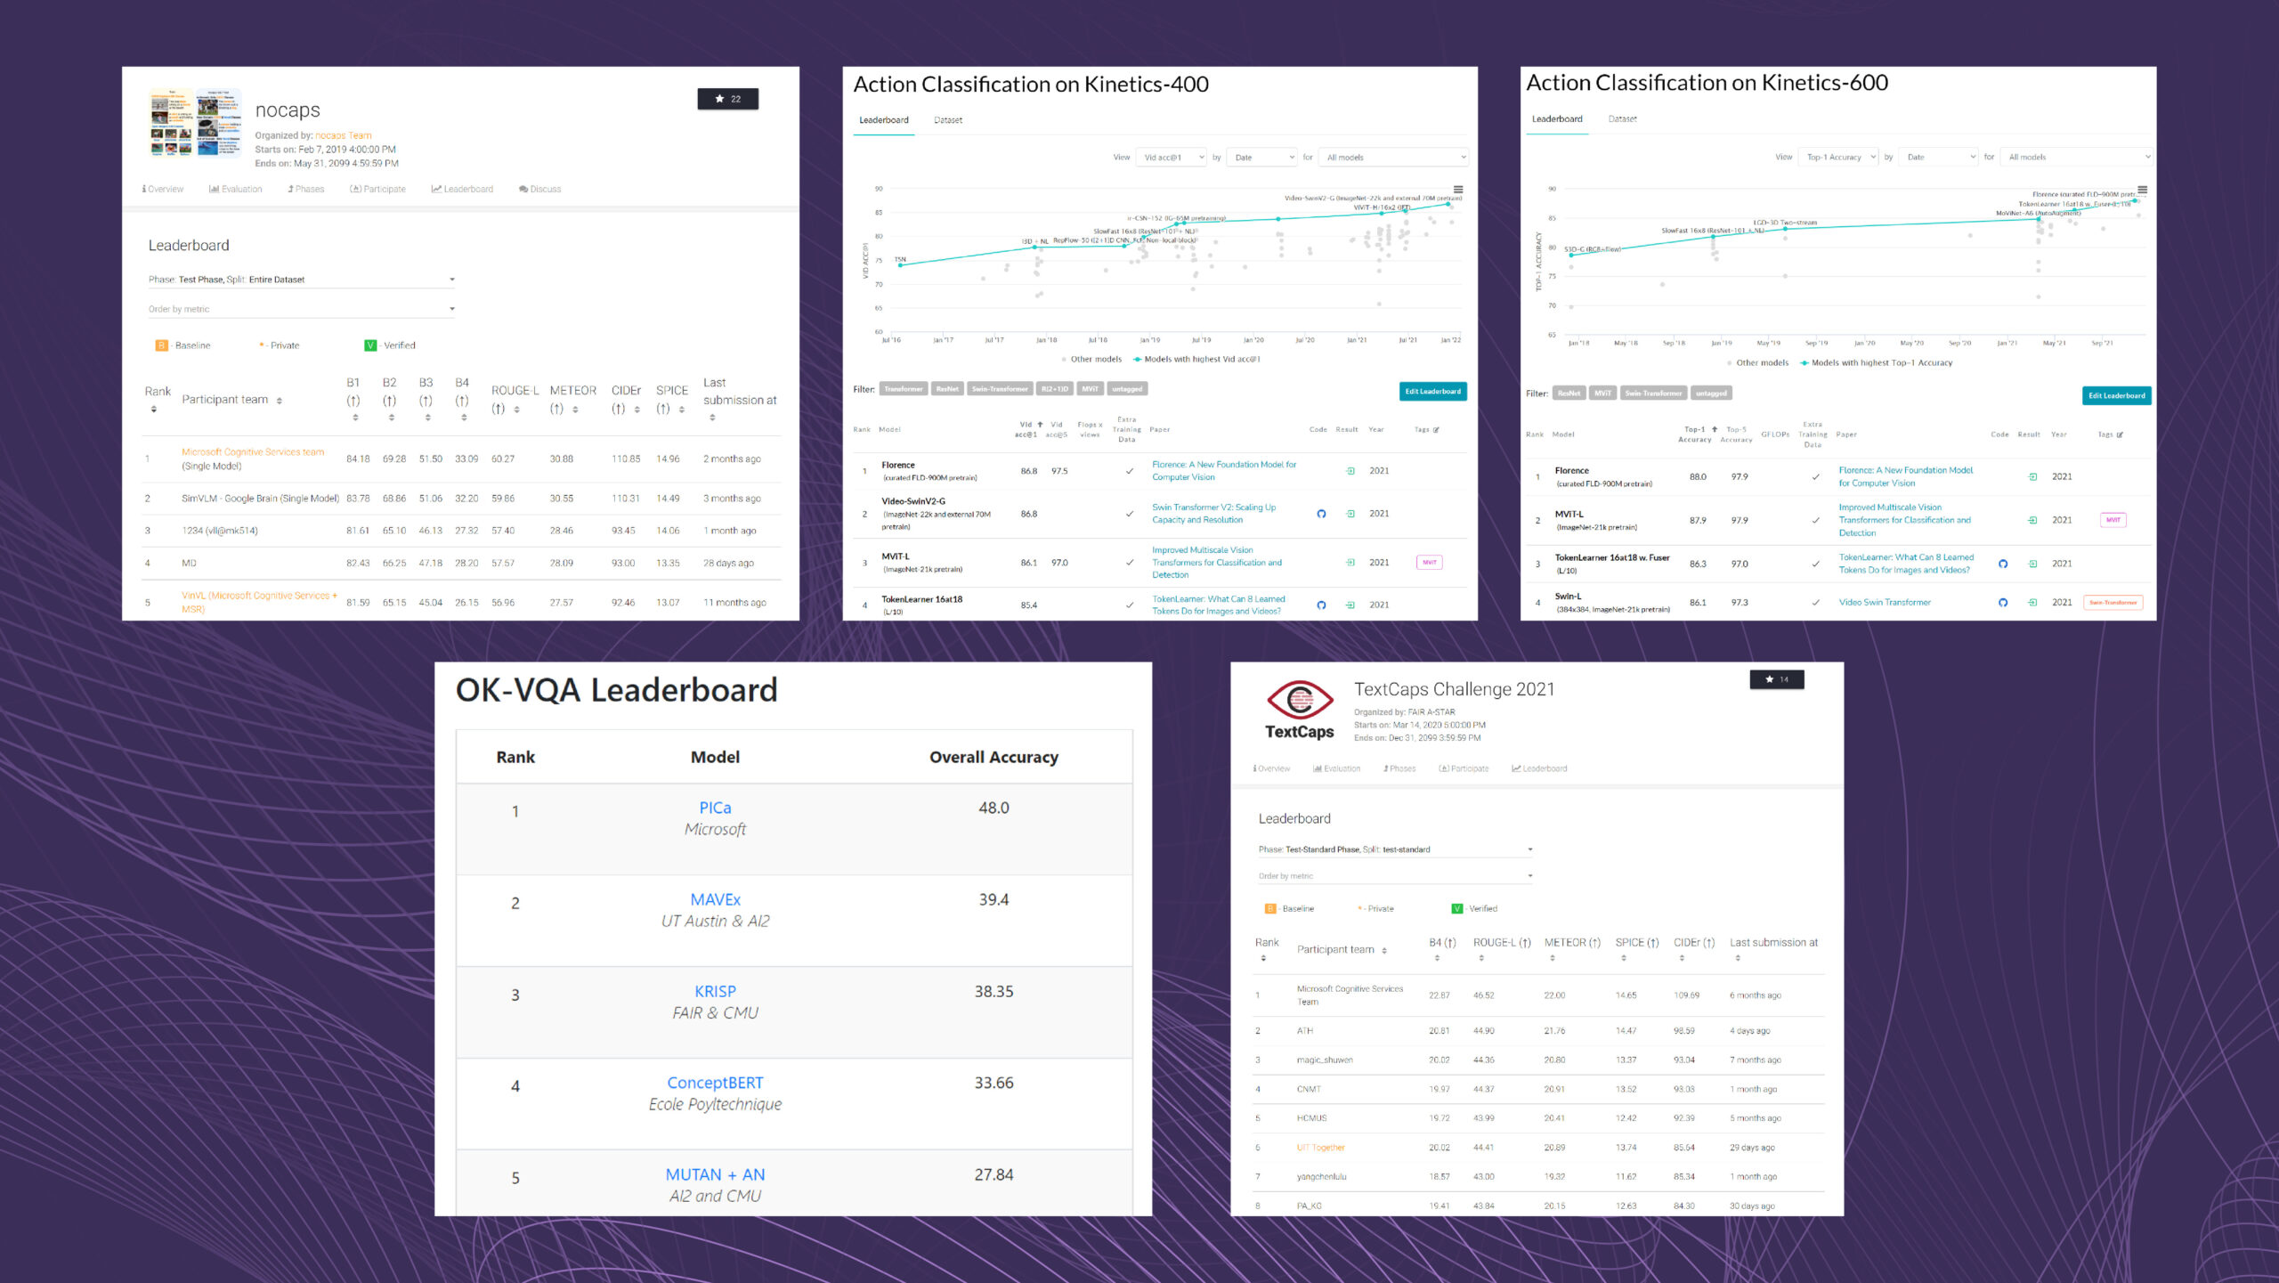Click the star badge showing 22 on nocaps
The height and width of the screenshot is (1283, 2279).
click(727, 99)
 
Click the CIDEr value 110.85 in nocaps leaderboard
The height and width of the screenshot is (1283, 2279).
click(625, 459)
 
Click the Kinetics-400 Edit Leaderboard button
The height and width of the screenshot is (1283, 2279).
click(1432, 391)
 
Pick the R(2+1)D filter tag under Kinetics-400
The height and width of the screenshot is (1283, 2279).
click(1055, 389)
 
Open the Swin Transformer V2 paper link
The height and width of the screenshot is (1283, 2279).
click(1213, 514)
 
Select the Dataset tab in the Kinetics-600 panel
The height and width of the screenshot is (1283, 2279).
click(1622, 119)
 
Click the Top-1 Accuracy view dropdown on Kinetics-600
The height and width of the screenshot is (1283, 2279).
click(1838, 157)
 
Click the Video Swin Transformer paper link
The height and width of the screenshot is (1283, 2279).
click(1885, 603)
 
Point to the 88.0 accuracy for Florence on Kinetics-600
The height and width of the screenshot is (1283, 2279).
click(1698, 477)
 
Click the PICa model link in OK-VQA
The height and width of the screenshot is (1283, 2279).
click(715, 808)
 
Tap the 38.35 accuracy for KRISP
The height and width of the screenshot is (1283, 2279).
click(994, 991)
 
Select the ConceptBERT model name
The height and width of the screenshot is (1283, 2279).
click(715, 1083)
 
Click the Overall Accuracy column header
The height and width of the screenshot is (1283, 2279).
click(994, 757)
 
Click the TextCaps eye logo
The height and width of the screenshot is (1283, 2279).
click(1300, 701)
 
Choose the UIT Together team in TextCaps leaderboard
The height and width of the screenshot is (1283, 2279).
click(1320, 1148)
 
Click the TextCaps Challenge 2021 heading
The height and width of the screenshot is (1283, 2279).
click(1454, 689)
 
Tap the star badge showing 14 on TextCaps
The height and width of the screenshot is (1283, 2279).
click(1776, 679)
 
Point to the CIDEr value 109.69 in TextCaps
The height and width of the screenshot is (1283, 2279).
click(1686, 995)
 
